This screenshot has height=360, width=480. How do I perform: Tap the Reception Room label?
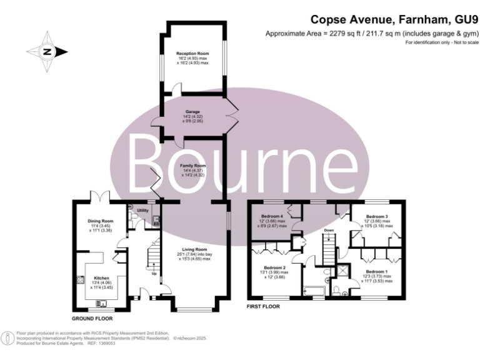click(x=192, y=54)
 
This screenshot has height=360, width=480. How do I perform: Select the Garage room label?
click(x=192, y=112)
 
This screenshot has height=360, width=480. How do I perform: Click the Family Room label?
click(x=192, y=165)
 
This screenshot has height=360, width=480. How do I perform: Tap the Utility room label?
click(x=142, y=211)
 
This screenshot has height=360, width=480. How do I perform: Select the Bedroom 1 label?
click(x=377, y=271)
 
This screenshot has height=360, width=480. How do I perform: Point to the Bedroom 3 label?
click(x=377, y=216)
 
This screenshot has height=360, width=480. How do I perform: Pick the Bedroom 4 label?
click(x=272, y=216)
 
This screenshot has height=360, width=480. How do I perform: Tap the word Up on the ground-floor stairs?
click(x=154, y=273)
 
